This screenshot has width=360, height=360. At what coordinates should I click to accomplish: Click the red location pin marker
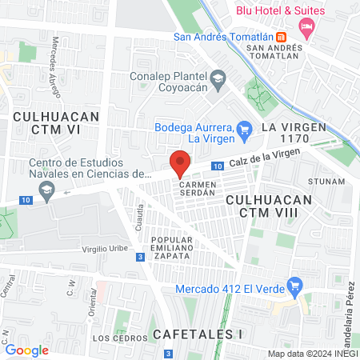point(180,165)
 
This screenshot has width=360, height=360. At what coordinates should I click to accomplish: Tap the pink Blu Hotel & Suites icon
point(306,27)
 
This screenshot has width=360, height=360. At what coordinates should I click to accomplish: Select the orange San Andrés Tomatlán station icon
point(281,37)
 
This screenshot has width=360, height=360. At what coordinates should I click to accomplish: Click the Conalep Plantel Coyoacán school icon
point(218,78)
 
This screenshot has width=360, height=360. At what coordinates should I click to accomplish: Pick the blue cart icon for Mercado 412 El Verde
point(295,284)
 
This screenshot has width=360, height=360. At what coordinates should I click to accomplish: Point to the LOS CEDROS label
point(113,338)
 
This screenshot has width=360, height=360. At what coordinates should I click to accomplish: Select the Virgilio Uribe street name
point(105,249)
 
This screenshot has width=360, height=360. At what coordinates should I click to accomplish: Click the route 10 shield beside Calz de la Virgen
point(218,166)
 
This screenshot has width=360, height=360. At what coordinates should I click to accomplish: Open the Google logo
point(27,350)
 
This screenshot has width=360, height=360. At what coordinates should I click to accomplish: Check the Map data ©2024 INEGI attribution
point(311,354)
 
